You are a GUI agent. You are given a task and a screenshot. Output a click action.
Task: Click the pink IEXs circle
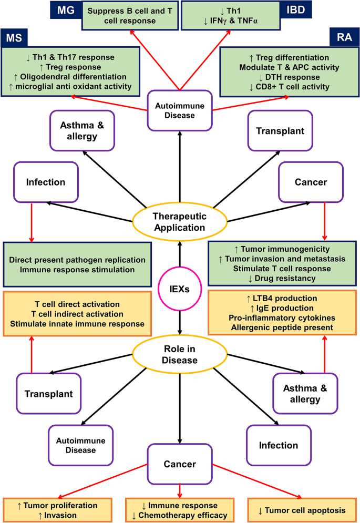(x=180, y=288)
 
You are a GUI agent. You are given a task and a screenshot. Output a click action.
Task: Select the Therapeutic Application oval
(x=180, y=222)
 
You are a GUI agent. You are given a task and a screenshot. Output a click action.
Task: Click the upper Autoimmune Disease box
(x=180, y=106)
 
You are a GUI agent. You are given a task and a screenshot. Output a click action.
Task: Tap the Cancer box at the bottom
(x=180, y=464)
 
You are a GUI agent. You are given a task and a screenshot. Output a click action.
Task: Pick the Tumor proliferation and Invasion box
(x=57, y=510)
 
